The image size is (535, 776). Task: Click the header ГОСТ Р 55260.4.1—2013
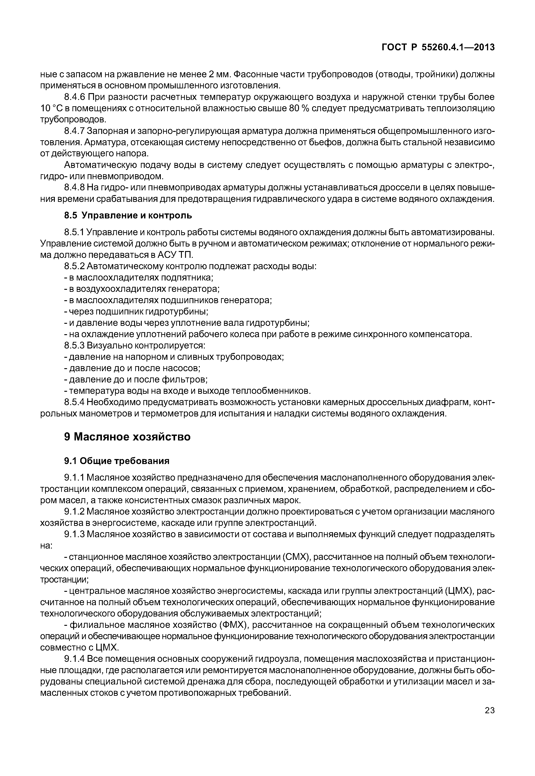coord(438,48)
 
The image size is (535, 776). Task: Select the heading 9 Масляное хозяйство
coord(127,437)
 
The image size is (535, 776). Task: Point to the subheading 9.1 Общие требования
coord(117,461)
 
